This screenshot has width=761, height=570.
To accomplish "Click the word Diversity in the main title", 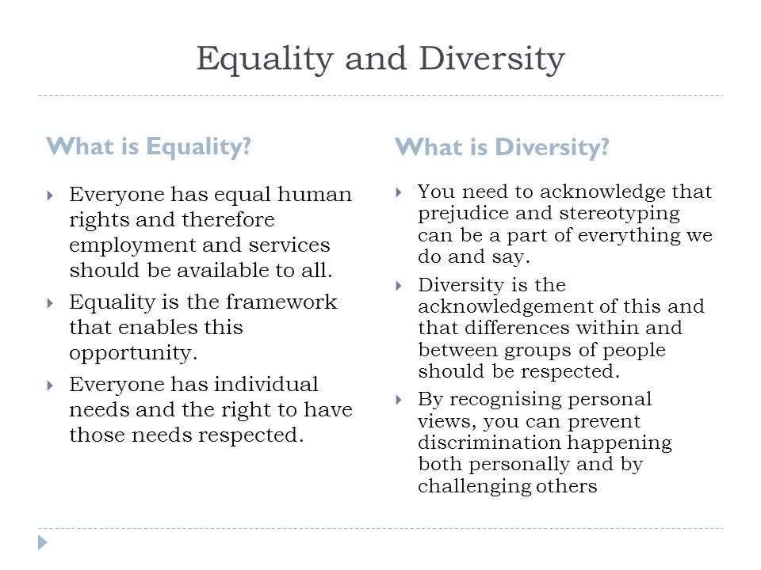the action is (x=491, y=59).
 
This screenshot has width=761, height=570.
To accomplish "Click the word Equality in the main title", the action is (x=265, y=59).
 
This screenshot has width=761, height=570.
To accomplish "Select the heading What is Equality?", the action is (x=148, y=147).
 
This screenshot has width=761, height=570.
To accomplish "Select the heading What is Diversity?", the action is (x=502, y=147).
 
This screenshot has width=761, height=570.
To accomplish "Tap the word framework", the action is (x=281, y=302).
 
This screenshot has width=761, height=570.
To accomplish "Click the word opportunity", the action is (x=133, y=353).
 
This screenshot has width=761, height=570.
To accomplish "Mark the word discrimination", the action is (x=490, y=442).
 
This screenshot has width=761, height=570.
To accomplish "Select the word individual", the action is (x=266, y=385).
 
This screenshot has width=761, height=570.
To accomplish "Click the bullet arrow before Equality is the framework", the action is (x=50, y=303).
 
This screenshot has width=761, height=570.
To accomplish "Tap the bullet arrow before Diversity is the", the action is (x=399, y=286).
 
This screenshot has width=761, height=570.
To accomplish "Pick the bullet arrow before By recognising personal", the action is (x=399, y=400).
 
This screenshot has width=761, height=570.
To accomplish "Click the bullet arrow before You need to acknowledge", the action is (x=399, y=192).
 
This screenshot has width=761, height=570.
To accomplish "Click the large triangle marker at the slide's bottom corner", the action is (x=43, y=542).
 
